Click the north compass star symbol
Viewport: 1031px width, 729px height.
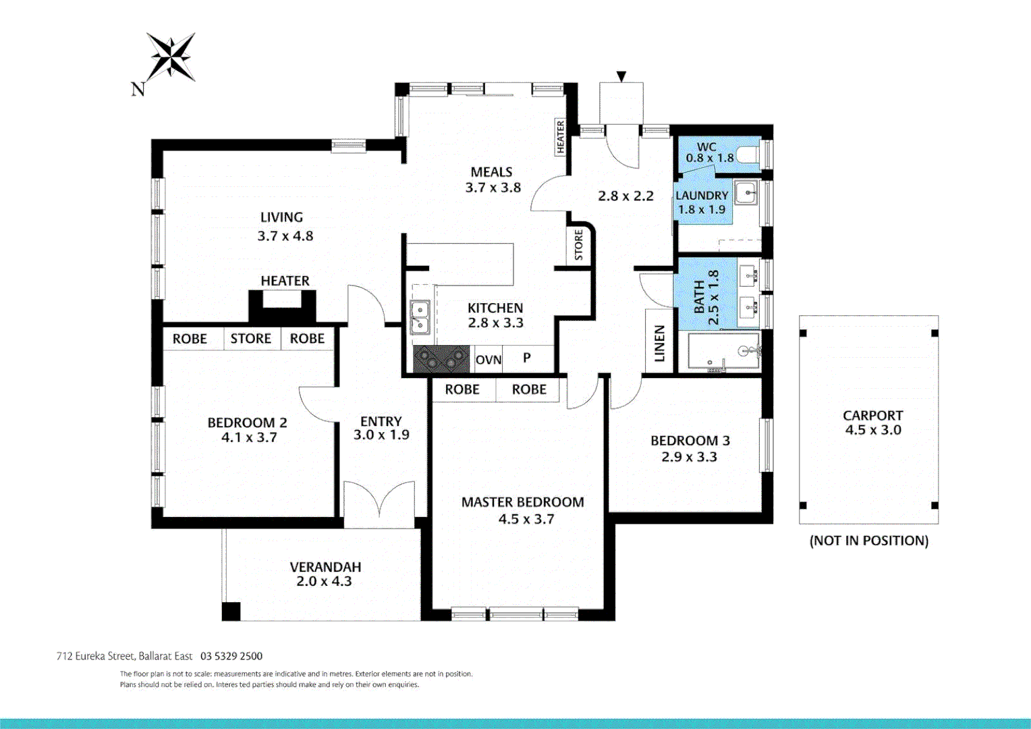tap(171, 57)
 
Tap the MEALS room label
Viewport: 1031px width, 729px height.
tap(491, 172)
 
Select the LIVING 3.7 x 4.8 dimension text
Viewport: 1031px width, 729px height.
tap(285, 236)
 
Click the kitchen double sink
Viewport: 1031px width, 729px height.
tap(420, 317)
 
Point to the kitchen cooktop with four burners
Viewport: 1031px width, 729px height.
tap(441, 359)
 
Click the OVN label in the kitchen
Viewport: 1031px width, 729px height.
tap(489, 360)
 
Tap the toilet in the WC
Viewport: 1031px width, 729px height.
tap(748, 155)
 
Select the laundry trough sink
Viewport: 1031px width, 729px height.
tap(746, 193)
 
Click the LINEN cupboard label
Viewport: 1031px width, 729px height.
tap(659, 343)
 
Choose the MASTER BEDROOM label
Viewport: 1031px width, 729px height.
tap(522, 502)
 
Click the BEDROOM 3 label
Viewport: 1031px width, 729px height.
tap(690, 441)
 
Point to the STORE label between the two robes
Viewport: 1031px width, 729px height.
tap(250, 339)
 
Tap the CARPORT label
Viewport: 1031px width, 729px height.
tap(872, 416)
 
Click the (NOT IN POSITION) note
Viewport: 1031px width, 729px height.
tap(868, 541)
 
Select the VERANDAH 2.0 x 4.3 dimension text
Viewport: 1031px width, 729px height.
tap(324, 581)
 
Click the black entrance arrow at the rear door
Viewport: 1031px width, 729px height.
tap(621, 76)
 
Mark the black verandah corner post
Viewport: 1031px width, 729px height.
tap(231, 611)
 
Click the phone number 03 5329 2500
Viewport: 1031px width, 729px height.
tap(231, 656)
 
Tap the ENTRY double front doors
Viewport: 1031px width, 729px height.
tap(379, 503)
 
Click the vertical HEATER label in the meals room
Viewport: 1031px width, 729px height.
tap(560, 136)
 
